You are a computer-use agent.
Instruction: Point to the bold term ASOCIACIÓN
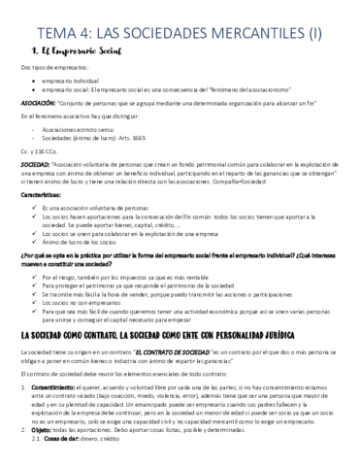(x=40, y=100)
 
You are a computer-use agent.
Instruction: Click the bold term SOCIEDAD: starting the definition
(x=37, y=167)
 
